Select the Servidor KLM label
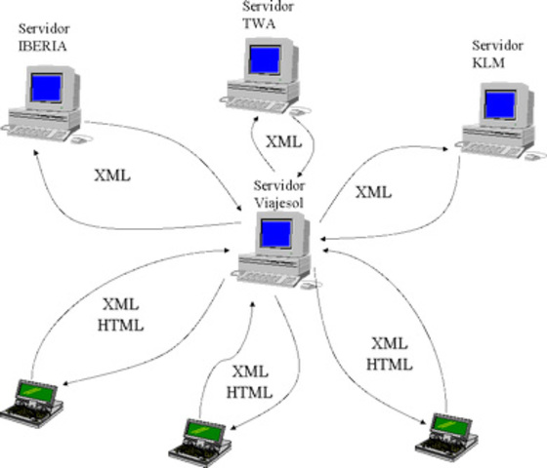496,54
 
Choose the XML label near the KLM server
373,192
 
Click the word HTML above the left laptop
123,325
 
